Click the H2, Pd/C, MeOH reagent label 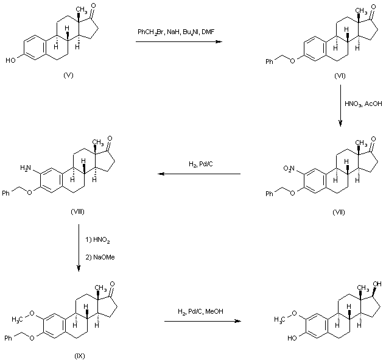(200, 312)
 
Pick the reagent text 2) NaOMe (100, 256)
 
